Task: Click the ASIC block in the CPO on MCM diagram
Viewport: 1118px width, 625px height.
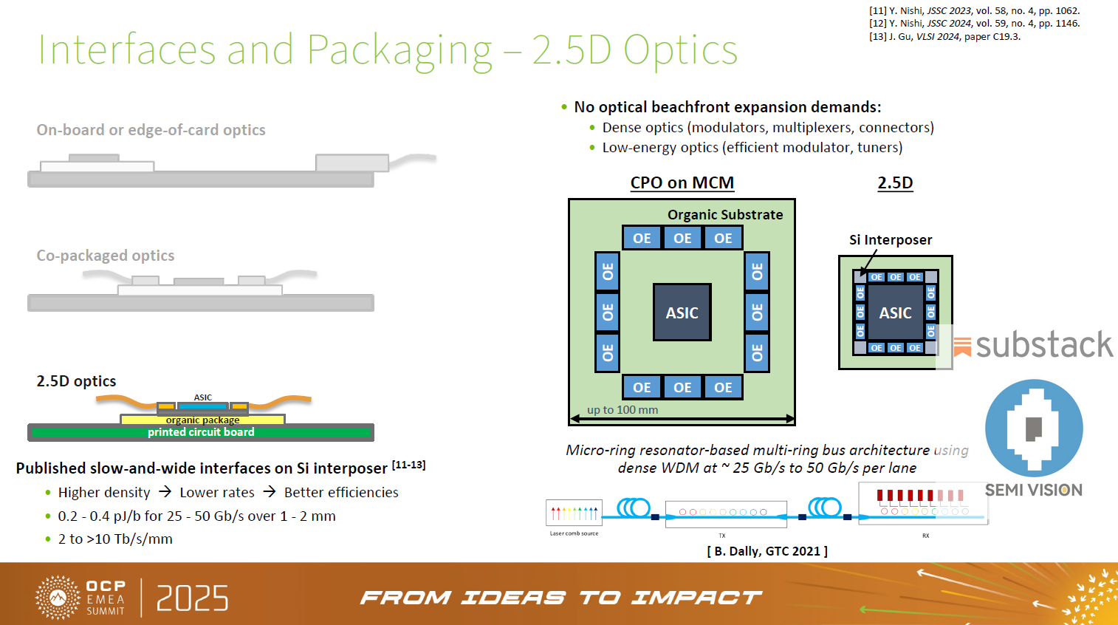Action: (x=682, y=312)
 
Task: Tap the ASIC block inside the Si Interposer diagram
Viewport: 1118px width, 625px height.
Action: (x=895, y=312)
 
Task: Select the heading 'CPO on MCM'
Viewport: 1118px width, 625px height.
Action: (x=682, y=182)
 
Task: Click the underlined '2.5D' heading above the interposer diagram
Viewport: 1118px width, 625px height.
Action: (x=895, y=182)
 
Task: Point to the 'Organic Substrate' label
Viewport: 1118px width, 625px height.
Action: (x=724, y=215)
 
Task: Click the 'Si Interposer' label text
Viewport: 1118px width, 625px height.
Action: (x=890, y=240)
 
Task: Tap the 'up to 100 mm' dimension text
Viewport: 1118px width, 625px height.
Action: (x=622, y=410)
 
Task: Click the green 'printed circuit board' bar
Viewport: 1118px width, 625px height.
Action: (x=200, y=432)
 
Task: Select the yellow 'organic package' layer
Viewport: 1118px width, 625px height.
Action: (x=202, y=420)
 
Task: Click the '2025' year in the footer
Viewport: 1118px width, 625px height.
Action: (x=192, y=598)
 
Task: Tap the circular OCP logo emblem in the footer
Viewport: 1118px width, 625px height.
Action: (x=58, y=597)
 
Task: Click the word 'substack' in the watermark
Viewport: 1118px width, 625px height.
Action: (x=1043, y=345)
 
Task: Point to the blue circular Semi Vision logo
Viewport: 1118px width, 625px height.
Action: (x=1034, y=428)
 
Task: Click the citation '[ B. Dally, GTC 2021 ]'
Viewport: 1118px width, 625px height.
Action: (x=767, y=551)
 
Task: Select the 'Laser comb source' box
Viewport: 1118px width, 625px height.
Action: (x=574, y=513)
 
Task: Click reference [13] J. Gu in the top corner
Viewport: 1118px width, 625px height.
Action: (x=944, y=36)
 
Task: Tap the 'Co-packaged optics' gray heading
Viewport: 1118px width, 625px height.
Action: (x=106, y=256)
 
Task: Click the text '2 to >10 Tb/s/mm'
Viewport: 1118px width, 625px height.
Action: (x=115, y=539)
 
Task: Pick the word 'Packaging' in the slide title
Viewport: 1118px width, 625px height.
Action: (x=399, y=50)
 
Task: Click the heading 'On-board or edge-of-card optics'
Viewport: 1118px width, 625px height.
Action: (x=151, y=130)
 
